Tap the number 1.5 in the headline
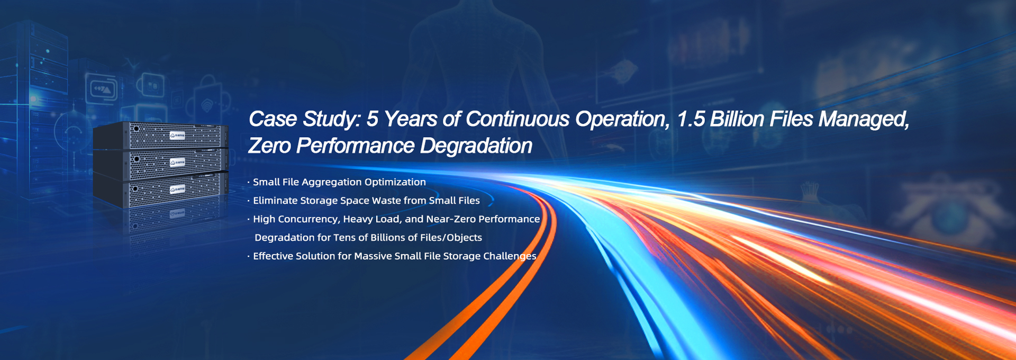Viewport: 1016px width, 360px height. click(691, 119)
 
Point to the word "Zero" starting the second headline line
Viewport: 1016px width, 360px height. click(269, 146)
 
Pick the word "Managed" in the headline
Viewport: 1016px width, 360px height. click(864, 119)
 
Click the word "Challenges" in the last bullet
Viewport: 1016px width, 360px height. click(510, 256)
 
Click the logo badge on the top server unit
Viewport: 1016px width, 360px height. click(177, 136)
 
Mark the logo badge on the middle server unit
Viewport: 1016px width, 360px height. click(177, 162)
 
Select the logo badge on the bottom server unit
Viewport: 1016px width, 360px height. click(177, 189)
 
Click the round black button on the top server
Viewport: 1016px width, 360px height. click(137, 128)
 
